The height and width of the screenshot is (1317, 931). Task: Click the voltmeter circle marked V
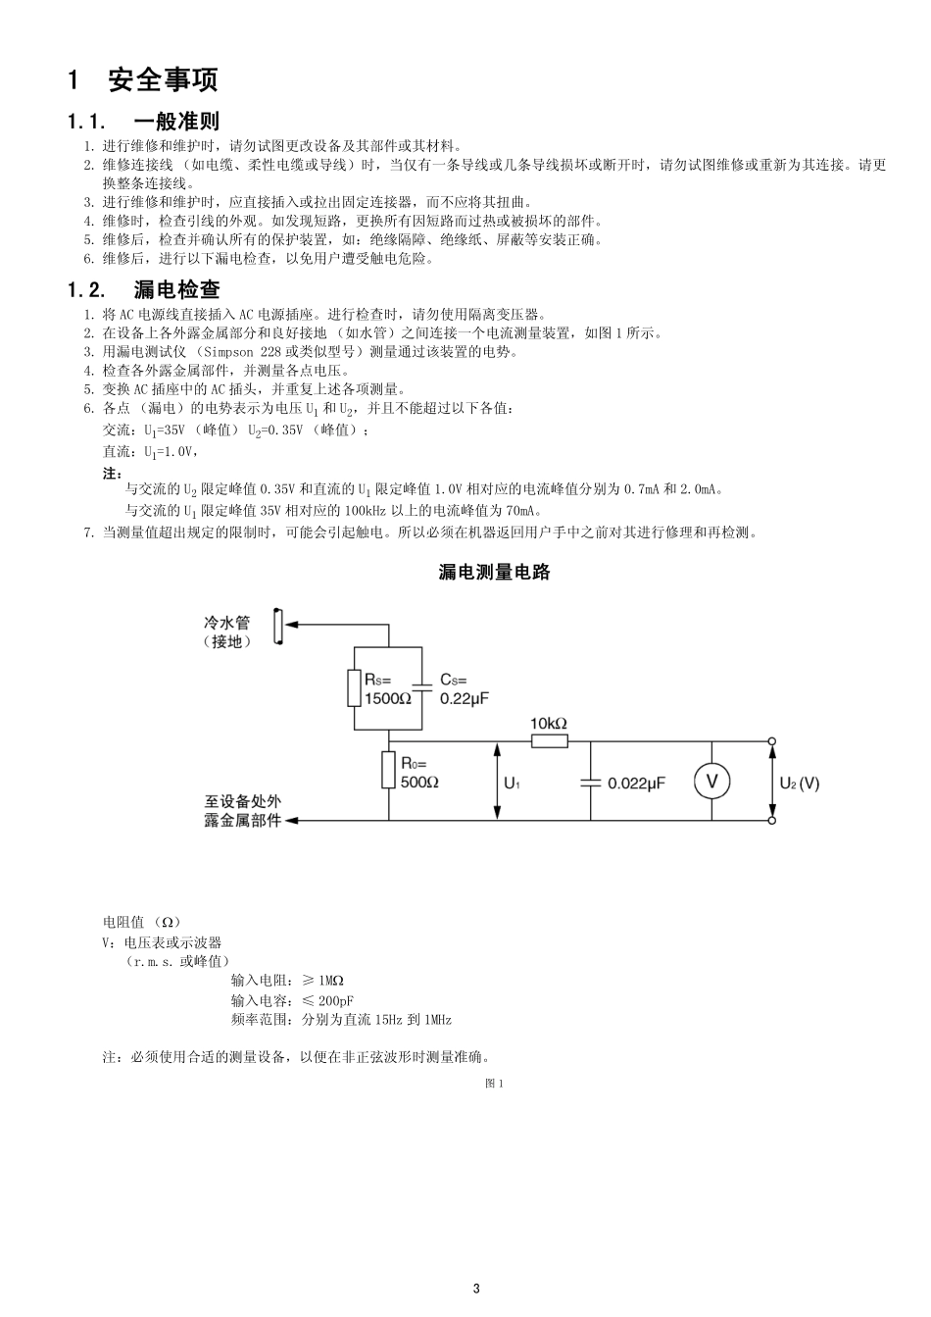711,782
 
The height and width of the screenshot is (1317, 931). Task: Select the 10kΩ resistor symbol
550,741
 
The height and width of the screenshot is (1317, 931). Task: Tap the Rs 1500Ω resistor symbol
354,687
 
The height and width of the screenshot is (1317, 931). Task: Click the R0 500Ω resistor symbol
388,770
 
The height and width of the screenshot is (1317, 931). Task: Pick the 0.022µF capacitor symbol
590,783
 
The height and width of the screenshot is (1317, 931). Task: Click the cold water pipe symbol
278,627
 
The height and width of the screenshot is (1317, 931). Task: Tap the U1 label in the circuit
513,784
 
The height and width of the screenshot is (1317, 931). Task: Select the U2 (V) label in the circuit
799,784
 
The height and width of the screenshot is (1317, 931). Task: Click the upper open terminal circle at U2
772,741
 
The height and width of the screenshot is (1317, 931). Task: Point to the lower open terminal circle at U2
772,820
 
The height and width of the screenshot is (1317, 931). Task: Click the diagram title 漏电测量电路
494,572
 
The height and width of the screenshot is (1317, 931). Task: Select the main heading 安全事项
163,79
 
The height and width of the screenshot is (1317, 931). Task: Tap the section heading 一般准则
176,122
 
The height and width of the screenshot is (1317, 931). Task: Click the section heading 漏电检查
176,289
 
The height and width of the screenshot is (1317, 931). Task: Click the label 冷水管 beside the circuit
226,623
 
